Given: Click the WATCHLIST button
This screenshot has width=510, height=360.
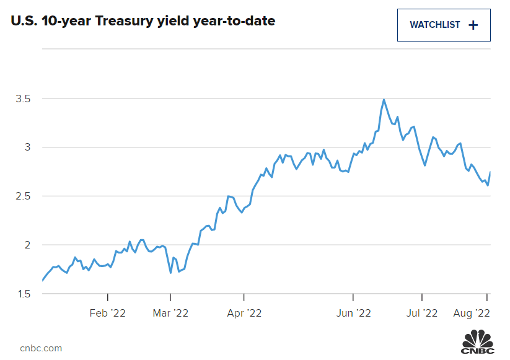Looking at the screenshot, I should tap(444, 25).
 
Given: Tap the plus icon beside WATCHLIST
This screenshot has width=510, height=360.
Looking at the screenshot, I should tap(473, 25).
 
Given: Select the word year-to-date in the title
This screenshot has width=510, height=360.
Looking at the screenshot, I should tap(239, 21).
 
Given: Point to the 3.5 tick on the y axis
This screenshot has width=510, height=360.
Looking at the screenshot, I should tap(23, 99).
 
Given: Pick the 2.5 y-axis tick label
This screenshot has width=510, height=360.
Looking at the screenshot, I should tap(23, 196).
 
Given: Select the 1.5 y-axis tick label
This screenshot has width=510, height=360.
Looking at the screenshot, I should tap(23, 294).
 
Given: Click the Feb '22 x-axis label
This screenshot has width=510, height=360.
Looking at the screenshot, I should tap(108, 314).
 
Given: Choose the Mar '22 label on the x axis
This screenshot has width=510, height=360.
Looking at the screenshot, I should tap(170, 314).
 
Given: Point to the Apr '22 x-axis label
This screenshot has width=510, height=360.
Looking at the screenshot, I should tap(244, 314).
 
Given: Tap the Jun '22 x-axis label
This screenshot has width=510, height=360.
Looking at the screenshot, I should tap(353, 314).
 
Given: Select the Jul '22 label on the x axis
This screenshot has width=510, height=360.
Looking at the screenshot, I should tap(421, 314).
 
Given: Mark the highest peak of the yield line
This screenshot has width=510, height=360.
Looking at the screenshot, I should tap(384, 99).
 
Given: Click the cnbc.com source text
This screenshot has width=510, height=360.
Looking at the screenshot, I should tap(41, 348).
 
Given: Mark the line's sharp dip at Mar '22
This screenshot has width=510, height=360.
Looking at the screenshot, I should tap(170, 273).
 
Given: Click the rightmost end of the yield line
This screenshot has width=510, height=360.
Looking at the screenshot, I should tap(491, 172).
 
